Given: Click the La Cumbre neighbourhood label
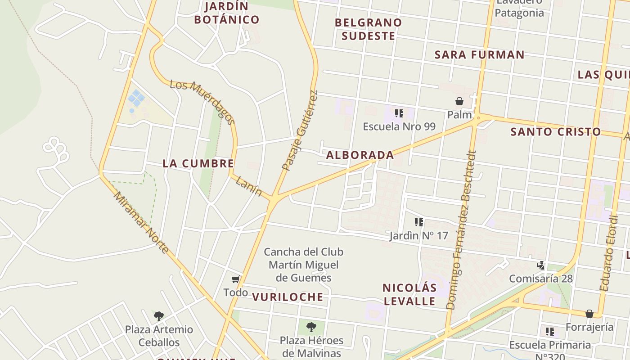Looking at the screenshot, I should coord(198,163).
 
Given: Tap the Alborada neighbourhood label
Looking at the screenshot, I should coord(360,155).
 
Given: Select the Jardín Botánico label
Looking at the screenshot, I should coord(227,13).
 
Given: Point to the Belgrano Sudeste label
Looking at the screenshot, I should coord(368,29).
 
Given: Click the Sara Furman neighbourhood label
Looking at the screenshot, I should coord(479,55).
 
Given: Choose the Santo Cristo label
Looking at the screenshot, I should coord(556,132).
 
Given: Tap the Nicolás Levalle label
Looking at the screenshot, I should coord(409,294).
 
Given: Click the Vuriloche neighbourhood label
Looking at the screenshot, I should coord(288,297).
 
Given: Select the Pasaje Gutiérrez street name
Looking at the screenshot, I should coord(300,130).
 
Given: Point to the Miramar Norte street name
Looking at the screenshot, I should coord(141,222).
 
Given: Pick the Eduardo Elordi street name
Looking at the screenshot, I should coord(608,253).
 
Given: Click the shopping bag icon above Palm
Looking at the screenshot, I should coord(459,101).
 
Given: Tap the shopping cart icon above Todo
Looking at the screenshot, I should coord(235,279).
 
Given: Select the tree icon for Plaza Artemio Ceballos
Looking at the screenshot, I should coord(158,316).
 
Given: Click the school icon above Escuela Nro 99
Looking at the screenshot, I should coord(399,113).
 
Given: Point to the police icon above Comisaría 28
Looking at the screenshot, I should coord(541,265).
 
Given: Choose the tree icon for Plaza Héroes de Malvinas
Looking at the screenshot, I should coord(311,327).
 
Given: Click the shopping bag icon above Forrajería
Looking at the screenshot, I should coord(589,314).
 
